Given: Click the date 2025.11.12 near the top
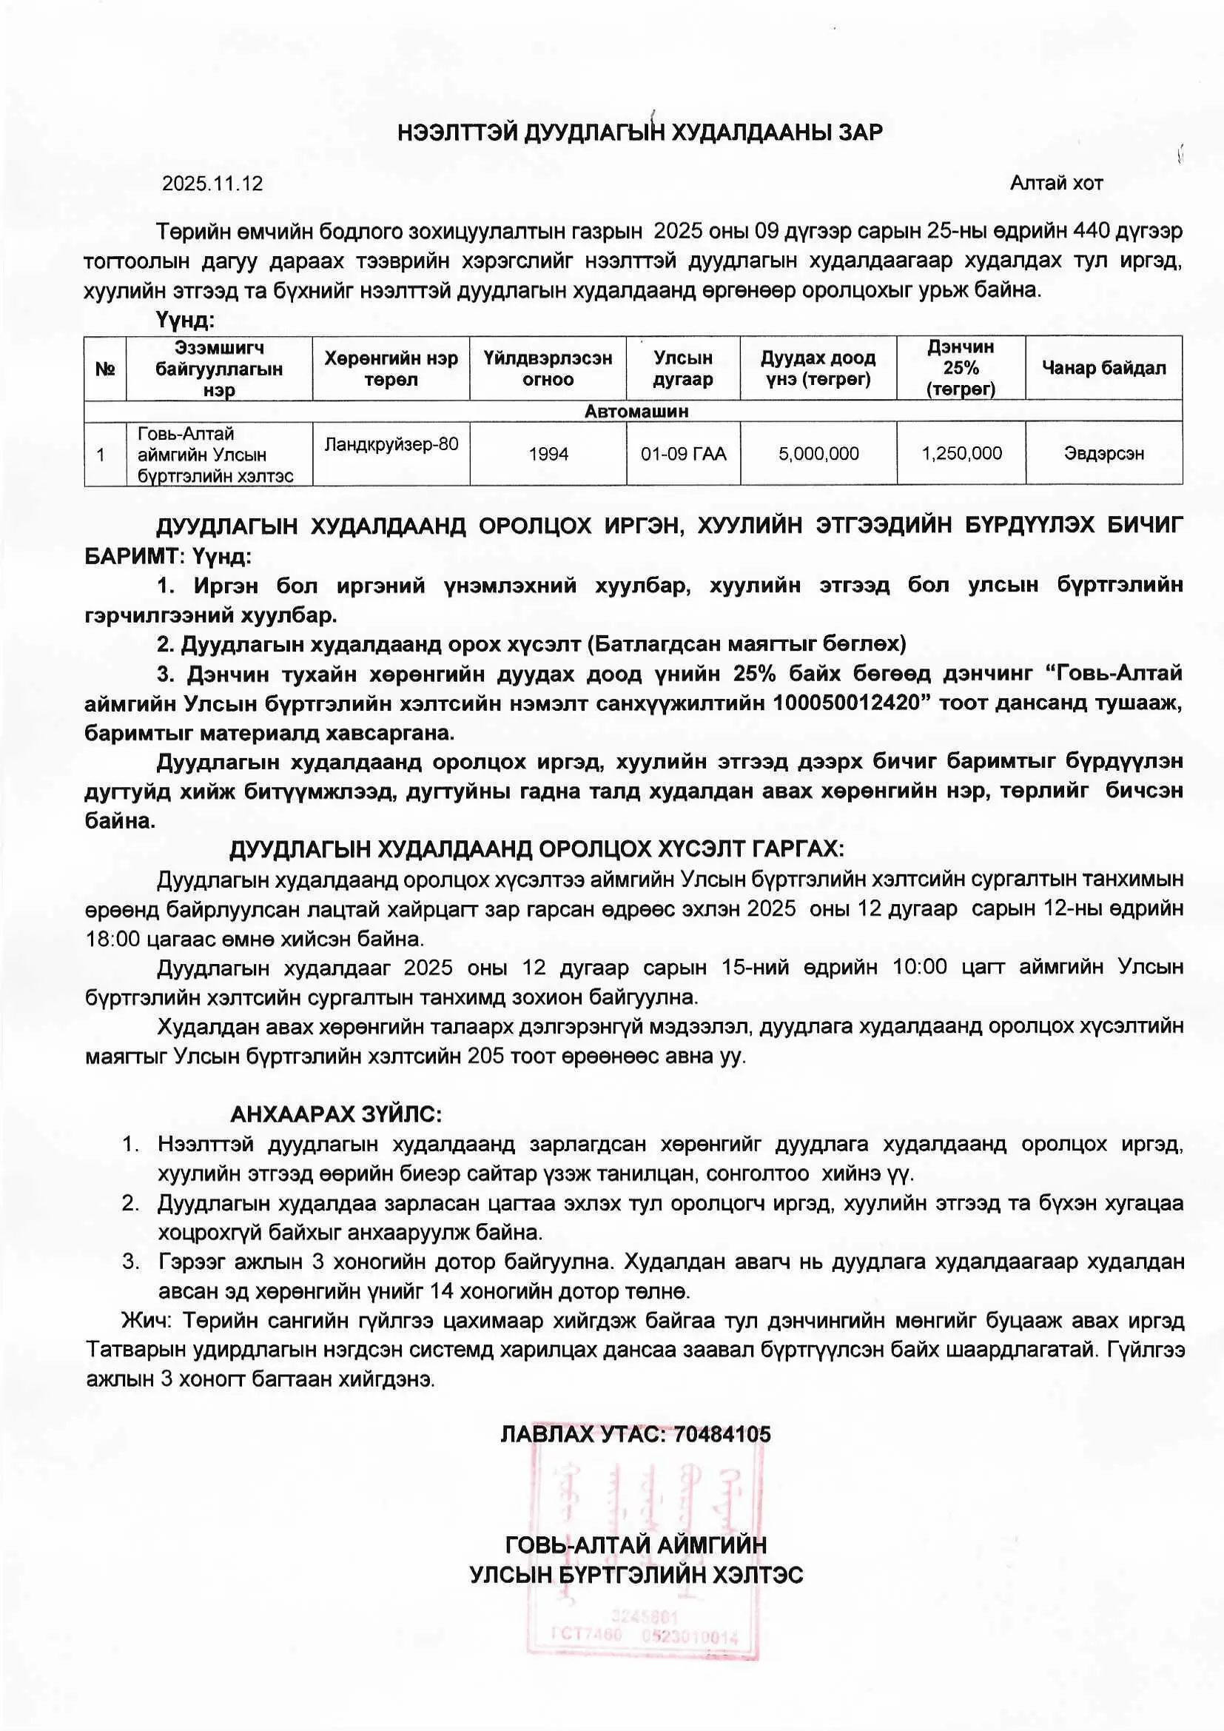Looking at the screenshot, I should (x=212, y=184).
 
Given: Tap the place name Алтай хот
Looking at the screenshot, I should (x=1056, y=182).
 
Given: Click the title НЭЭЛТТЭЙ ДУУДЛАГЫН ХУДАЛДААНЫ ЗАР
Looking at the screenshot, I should (x=640, y=133).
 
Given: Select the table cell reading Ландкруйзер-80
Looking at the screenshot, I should (x=391, y=445).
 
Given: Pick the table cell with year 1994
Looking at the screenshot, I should (x=548, y=454).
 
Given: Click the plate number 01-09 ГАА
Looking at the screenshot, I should (x=683, y=454).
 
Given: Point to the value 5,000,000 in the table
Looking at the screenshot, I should (x=818, y=454).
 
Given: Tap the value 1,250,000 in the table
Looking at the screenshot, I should (x=961, y=454).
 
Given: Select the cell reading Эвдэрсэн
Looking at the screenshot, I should (x=1103, y=454).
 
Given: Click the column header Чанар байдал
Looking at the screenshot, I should (x=1103, y=368).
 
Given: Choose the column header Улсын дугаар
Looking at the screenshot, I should (x=683, y=368).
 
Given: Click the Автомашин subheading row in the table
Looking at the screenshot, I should (x=636, y=412).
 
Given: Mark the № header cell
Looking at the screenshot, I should (x=105, y=369).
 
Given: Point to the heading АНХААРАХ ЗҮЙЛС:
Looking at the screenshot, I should (x=336, y=1114).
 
